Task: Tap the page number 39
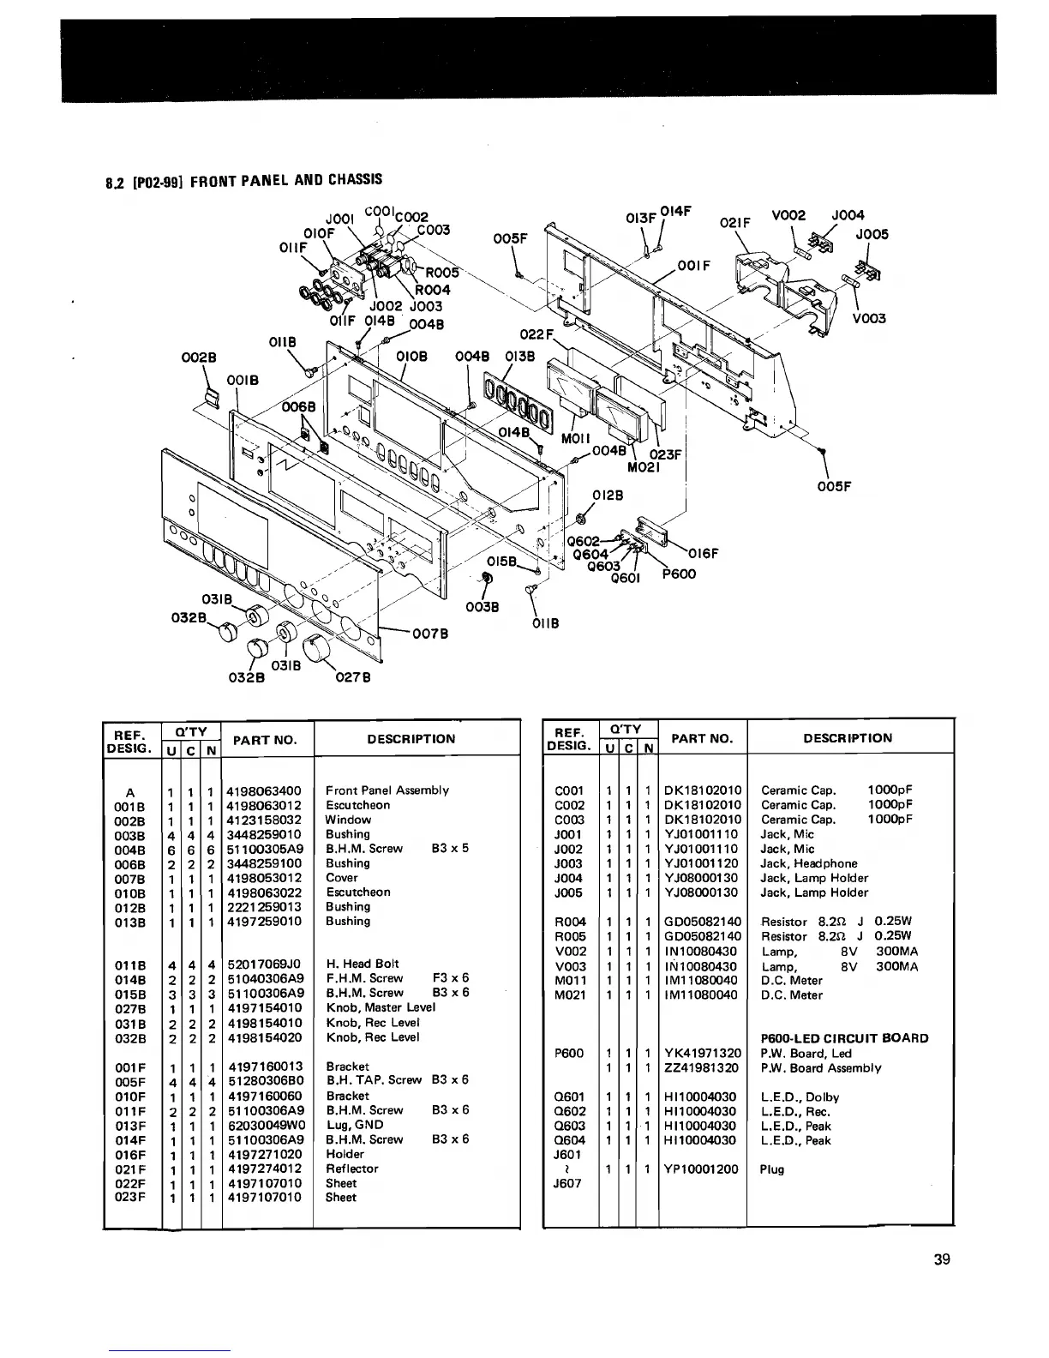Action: tap(942, 1259)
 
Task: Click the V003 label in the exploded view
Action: tap(869, 318)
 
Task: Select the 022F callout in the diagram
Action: tap(541, 335)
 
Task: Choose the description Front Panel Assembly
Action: tap(387, 790)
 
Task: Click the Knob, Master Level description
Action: tap(381, 1007)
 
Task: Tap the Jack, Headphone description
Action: tap(809, 863)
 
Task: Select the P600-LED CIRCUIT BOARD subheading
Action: tap(844, 1038)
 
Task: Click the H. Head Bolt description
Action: tap(363, 964)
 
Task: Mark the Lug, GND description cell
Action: tap(355, 1124)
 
